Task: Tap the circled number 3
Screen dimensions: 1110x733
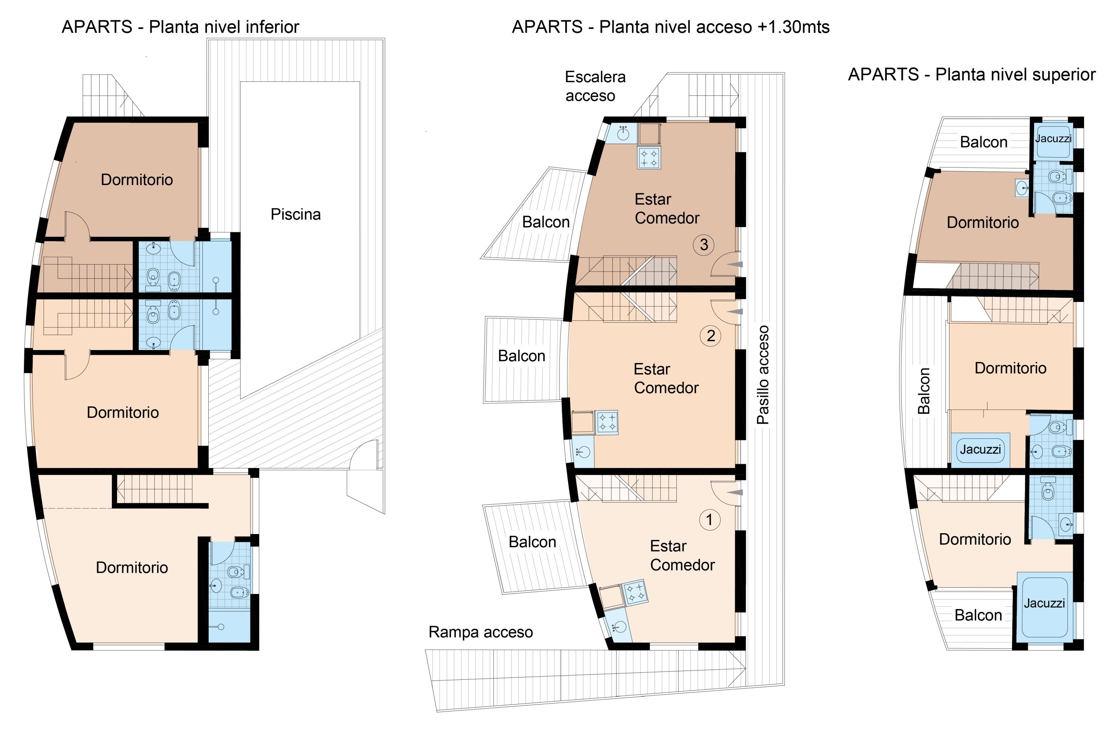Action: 703,245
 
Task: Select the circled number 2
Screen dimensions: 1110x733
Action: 710,336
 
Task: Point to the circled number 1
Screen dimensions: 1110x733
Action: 709,520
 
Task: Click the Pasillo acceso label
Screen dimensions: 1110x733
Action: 763,375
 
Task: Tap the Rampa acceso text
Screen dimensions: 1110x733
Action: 481,632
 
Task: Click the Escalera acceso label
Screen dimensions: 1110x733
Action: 595,86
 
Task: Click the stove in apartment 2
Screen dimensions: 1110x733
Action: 607,423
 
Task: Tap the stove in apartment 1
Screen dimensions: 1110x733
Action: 635,592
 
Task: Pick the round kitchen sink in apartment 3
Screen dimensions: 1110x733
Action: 623,134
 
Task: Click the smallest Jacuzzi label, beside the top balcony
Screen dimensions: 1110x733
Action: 1053,138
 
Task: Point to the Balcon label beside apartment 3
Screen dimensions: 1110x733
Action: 545,222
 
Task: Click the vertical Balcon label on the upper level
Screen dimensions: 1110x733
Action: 924,391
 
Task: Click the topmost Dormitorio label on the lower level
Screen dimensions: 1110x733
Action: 137,179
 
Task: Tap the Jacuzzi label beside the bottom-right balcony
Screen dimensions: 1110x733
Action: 1044,603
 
